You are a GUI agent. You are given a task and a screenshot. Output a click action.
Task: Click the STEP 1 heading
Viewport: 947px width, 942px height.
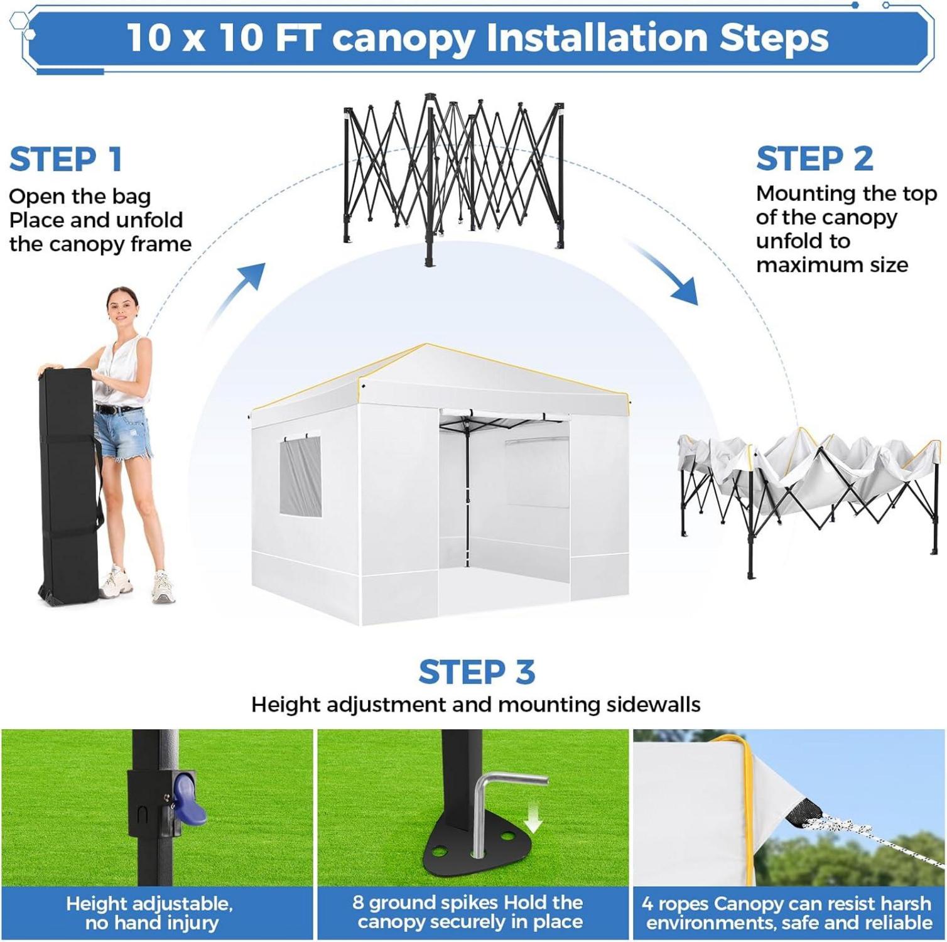pos(66,159)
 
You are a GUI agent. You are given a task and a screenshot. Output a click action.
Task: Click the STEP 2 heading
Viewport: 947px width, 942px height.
pos(814,158)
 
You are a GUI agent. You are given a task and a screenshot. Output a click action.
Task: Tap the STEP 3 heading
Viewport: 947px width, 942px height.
pos(477,672)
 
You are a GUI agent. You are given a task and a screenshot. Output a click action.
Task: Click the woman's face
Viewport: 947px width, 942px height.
pos(122,308)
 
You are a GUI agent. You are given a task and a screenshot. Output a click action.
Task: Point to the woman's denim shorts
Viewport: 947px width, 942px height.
pos(122,433)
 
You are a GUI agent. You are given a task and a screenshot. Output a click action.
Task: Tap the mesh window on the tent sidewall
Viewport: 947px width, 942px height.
pos(300,476)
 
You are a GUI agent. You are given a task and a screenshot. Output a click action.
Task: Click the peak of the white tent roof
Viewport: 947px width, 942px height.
pos(427,345)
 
